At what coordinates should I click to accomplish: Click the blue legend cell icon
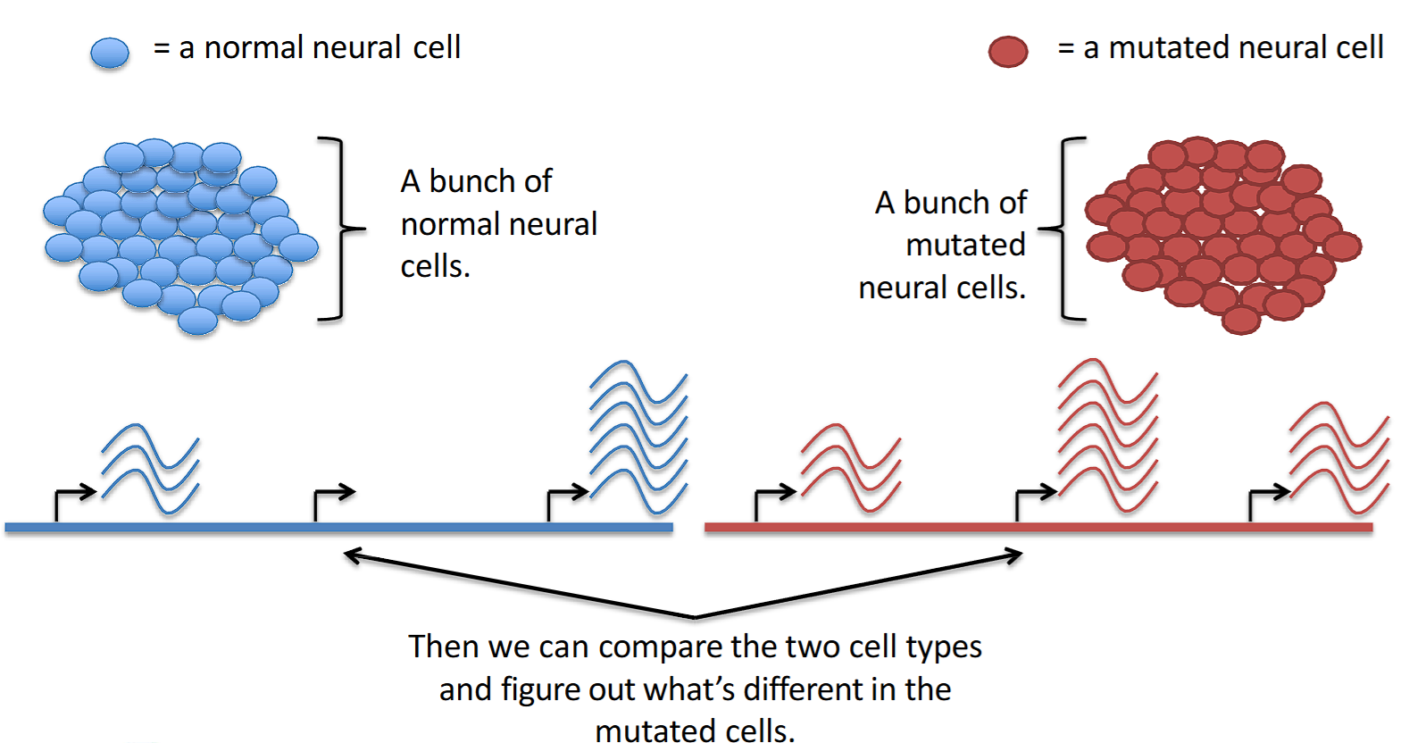point(110,53)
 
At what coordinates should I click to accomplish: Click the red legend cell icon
point(1008,52)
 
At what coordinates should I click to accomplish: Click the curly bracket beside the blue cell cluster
point(339,229)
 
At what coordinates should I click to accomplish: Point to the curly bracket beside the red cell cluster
point(1066,229)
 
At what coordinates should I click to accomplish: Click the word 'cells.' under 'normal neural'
point(435,266)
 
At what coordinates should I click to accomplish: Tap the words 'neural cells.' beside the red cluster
point(942,288)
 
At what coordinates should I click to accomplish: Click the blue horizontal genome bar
point(339,528)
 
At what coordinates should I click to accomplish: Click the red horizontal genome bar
point(1038,528)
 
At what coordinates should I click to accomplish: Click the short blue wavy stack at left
point(150,469)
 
